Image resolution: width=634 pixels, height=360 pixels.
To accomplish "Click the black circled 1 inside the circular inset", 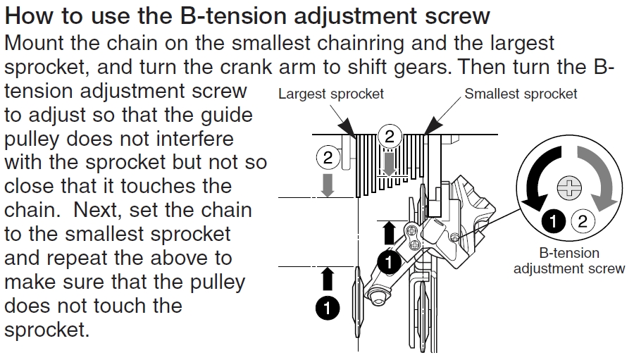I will pos(555,221).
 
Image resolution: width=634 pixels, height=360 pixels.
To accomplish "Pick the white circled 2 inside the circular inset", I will pos(581,221).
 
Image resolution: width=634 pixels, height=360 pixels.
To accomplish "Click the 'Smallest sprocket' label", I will pos(521,94).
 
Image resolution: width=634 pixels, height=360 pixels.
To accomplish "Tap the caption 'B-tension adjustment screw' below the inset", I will pos(568,261).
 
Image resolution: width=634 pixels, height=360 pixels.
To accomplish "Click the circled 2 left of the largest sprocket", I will pos(328,157).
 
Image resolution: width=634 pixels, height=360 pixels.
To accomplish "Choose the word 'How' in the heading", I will pos(32,15).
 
